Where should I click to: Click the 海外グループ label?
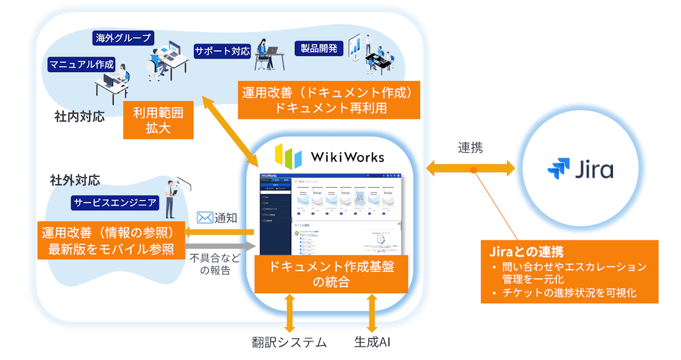click(x=124, y=37)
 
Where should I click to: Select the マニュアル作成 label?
click(x=82, y=64)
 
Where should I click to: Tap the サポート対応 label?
click(x=222, y=51)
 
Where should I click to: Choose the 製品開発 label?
click(x=319, y=48)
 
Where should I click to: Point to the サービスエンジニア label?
click(x=115, y=203)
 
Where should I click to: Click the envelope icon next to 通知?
click(x=204, y=217)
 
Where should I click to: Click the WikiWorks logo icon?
click(x=288, y=156)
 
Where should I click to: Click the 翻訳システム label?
click(x=289, y=342)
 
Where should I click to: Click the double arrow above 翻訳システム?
click(x=290, y=312)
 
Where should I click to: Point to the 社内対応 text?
click(x=80, y=119)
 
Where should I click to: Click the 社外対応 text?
click(x=75, y=179)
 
